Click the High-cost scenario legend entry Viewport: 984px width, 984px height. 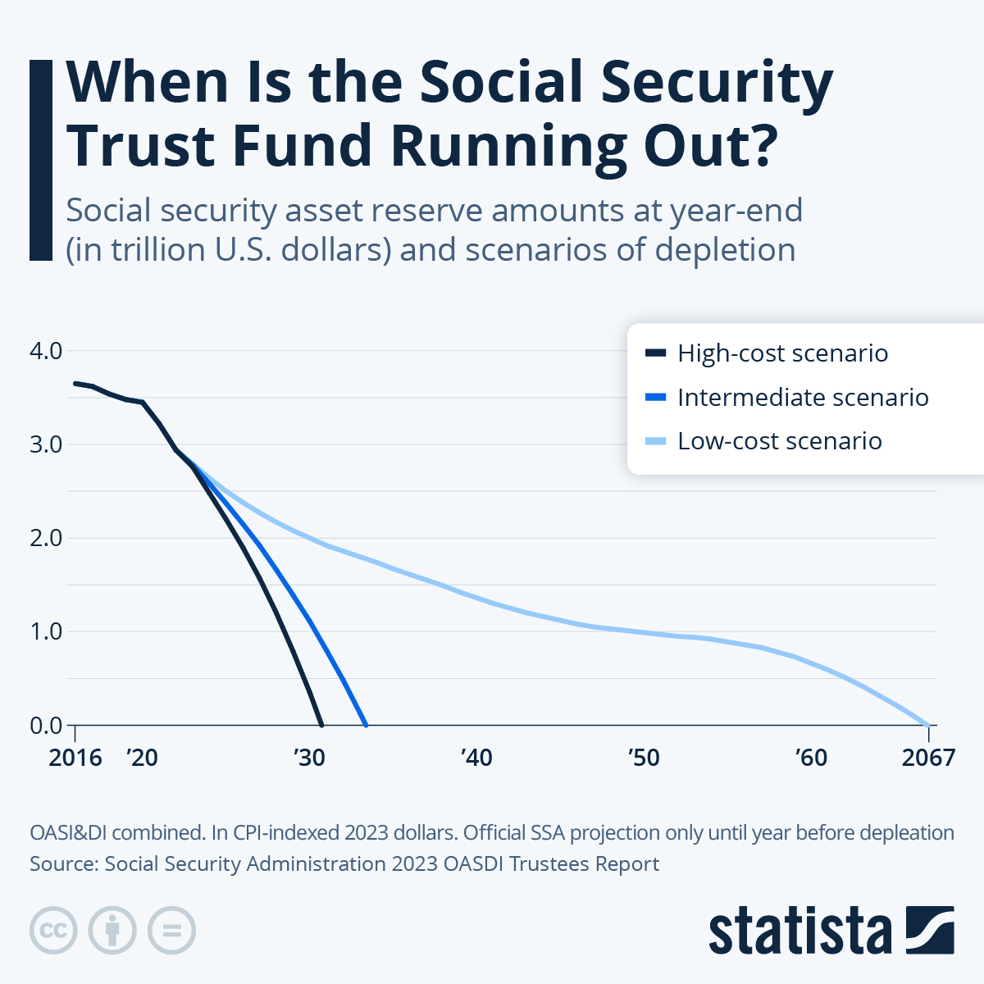[782, 353]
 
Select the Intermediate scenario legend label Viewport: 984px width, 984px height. [802, 398]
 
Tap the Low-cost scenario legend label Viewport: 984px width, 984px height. [779, 441]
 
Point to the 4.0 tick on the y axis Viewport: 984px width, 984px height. [46, 351]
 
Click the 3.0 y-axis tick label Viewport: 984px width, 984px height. [46, 444]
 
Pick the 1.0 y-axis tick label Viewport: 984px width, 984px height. [46, 631]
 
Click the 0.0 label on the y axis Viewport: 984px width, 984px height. [46, 725]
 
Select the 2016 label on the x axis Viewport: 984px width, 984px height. [75, 757]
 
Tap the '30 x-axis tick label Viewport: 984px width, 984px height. [309, 757]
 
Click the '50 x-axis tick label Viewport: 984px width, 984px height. [644, 757]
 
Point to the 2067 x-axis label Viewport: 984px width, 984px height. [928, 757]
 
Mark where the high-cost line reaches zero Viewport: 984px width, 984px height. [321, 724]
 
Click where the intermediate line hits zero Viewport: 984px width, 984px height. [366, 724]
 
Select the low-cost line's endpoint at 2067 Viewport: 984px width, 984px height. [927, 724]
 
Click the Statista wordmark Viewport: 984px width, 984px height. [799, 931]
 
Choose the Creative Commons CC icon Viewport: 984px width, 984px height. [53, 931]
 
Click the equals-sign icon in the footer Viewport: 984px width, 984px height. [171, 931]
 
